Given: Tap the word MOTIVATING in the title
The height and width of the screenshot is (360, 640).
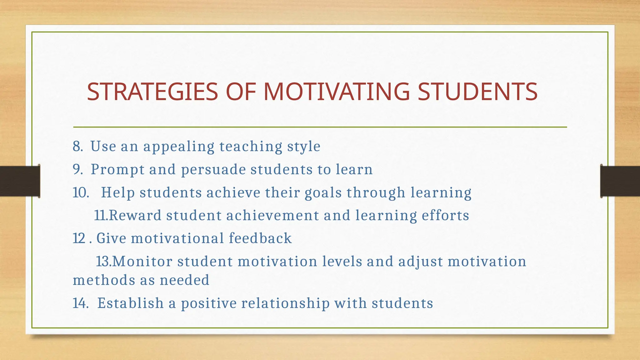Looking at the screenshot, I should coord(337,92).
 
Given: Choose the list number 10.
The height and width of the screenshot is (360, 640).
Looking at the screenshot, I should coord(81,193).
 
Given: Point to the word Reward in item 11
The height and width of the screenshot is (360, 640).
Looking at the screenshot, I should coord(135,216).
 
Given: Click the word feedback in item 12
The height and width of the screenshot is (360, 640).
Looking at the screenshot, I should coord(260,238).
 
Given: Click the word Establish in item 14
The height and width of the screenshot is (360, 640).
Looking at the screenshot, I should coord(130,303).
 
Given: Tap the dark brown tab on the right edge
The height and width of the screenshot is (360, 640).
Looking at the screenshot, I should coord(620,181).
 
